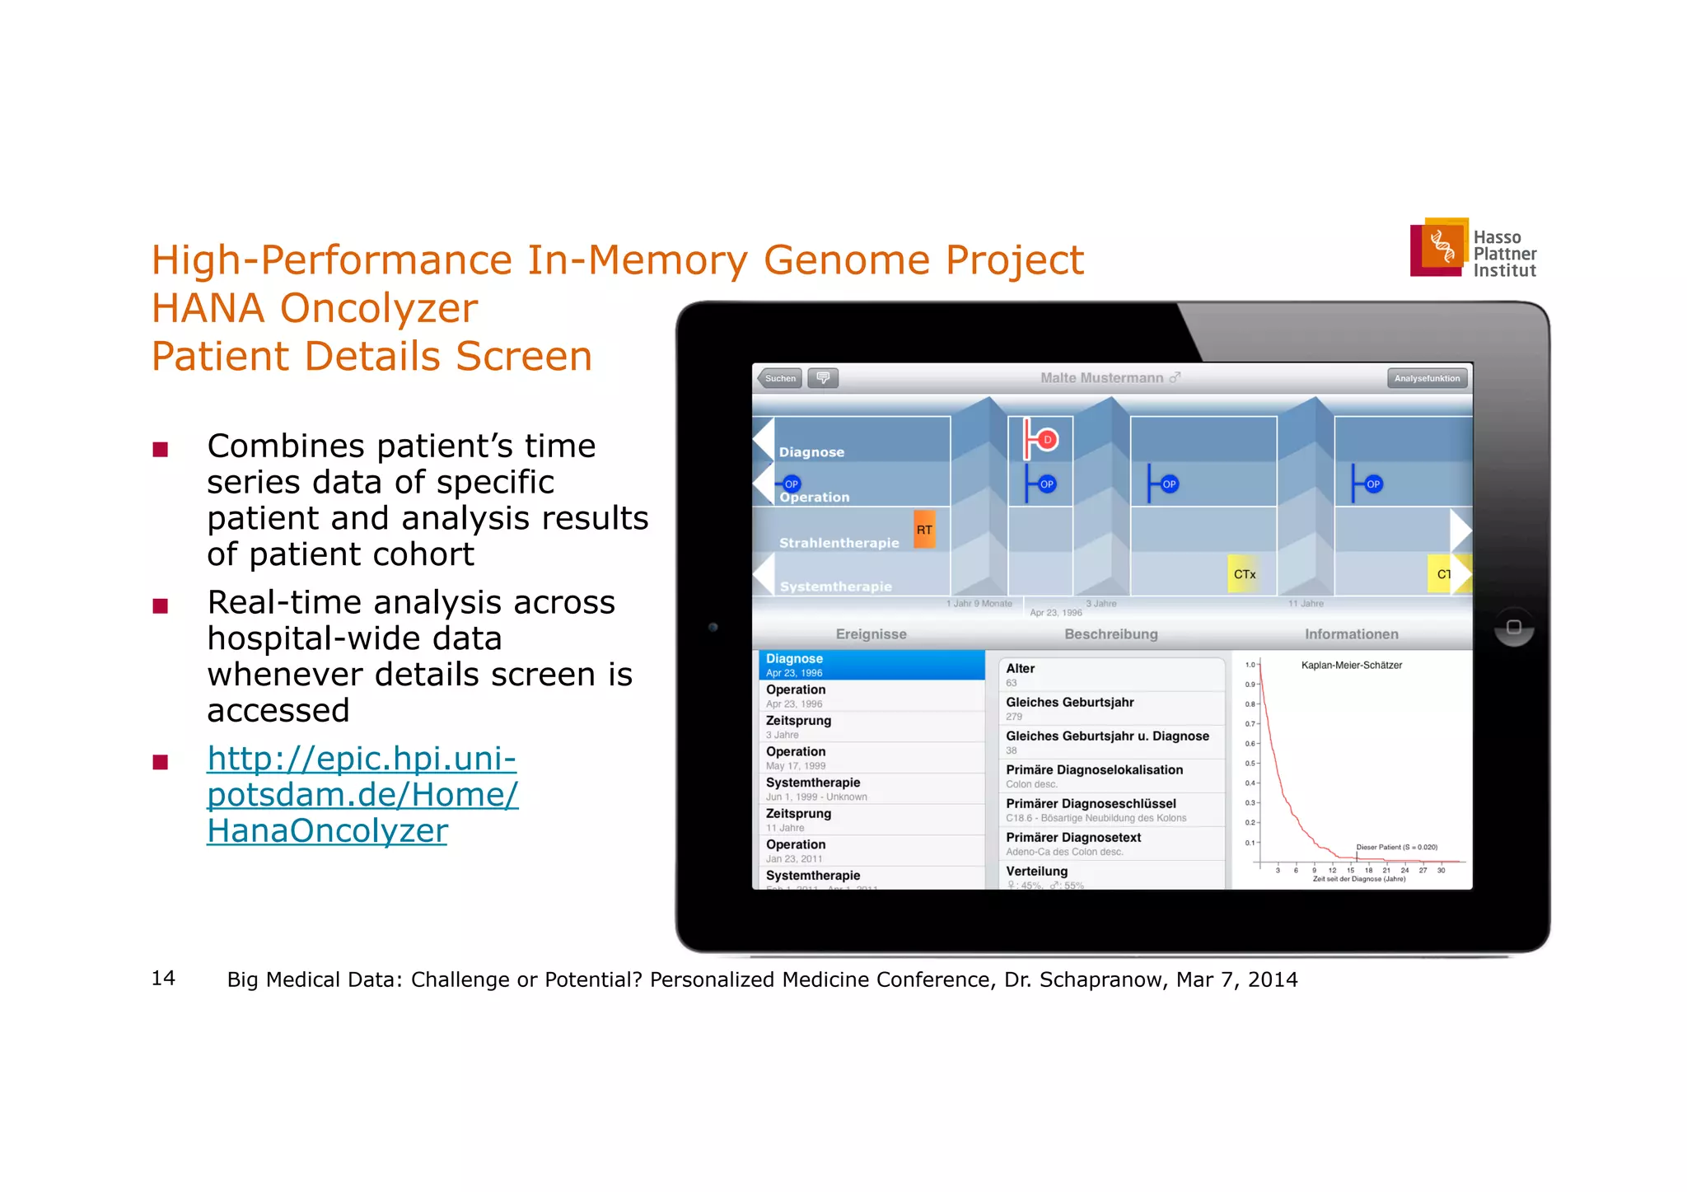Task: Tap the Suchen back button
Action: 779,378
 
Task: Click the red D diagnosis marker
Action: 1046,440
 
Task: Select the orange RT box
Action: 924,530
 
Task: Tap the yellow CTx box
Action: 1244,574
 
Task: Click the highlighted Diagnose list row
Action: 871,665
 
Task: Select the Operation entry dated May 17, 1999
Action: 871,758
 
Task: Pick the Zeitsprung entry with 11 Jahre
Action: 871,820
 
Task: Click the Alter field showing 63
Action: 1110,675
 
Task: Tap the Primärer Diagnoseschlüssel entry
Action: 1110,810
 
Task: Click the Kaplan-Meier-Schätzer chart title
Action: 1351,665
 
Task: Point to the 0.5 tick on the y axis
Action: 1251,764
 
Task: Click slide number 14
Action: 163,978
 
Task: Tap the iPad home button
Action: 1513,627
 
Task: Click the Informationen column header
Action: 1351,634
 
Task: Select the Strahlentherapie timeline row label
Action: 839,543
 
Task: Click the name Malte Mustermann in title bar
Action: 1101,378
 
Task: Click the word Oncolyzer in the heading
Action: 378,309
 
